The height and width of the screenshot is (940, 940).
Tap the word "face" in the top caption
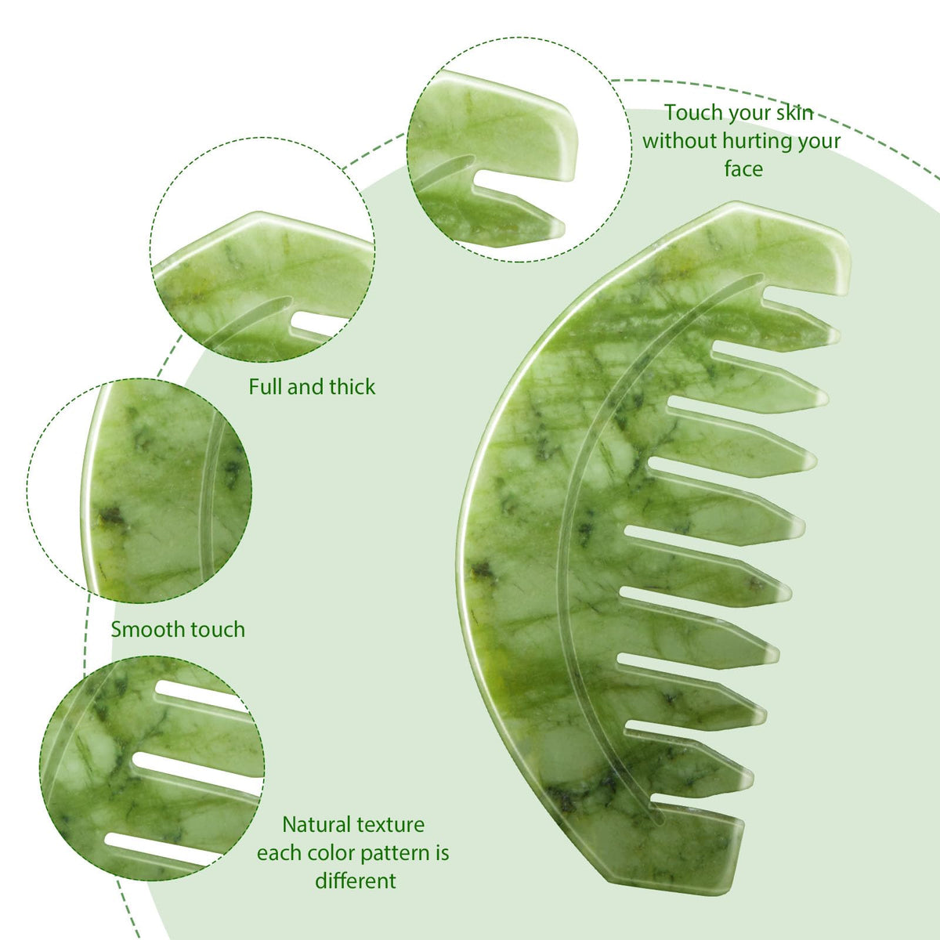pos(743,169)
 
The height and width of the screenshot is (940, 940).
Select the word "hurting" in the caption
pos(757,142)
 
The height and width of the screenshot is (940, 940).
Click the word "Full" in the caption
pos(266,386)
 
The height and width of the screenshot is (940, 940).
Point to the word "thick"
pos(352,386)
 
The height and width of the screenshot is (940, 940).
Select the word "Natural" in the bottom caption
pos(315,824)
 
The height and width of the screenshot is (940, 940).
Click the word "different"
pos(355,881)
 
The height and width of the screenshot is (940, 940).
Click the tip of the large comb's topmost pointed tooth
pos(838,336)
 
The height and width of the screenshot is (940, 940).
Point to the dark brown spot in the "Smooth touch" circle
pos(111,517)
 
